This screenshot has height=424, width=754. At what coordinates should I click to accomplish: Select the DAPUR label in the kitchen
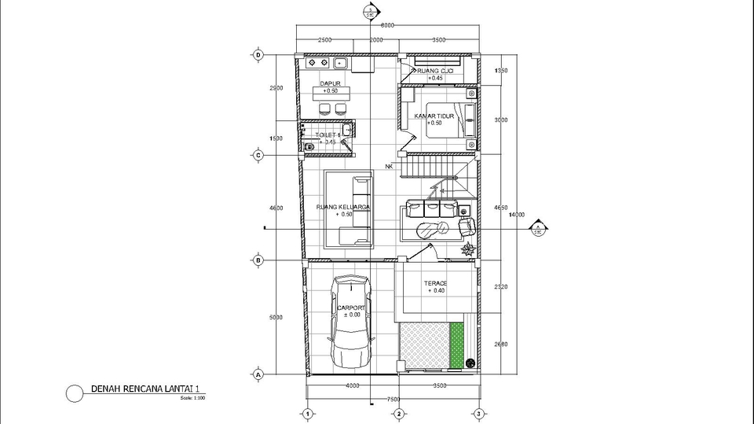pyautogui.click(x=329, y=83)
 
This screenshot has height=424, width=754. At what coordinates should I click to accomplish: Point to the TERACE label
pyautogui.click(x=435, y=283)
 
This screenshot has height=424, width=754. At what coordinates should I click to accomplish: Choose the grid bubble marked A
pyautogui.click(x=257, y=375)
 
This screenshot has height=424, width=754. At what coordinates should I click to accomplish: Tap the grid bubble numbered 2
pyautogui.click(x=399, y=414)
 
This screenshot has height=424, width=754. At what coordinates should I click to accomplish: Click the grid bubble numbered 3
pyautogui.click(x=478, y=414)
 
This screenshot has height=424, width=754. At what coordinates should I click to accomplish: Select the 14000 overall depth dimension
pyautogui.click(x=516, y=215)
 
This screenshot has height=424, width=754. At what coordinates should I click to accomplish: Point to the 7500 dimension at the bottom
pyautogui.click(x=392, y=399)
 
